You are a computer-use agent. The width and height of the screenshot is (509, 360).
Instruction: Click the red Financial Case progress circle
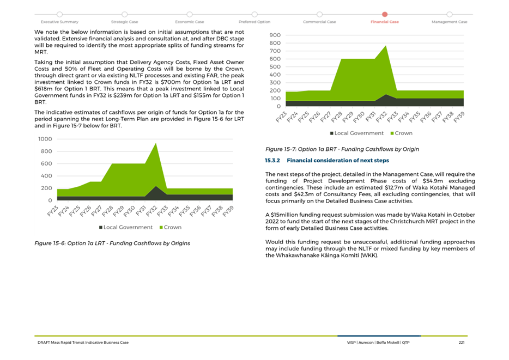click(x=385, y=14)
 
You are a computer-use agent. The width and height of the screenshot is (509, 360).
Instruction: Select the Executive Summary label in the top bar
click(x=59, y=22)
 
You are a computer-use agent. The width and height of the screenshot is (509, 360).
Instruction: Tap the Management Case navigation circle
click(x=449, y=14)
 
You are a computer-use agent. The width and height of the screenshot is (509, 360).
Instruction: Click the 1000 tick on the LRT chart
click(x=45, y=139)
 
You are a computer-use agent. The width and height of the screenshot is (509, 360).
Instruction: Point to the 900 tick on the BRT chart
click(x=275, y=35)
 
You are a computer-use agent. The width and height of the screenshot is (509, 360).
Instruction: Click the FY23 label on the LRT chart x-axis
click(x=53, y=211)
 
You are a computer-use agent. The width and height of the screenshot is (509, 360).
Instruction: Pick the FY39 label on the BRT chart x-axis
click(x=459, y=117)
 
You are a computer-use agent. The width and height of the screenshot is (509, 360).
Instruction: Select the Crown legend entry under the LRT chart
click(x=171, y=227)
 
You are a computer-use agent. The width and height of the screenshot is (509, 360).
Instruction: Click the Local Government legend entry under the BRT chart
click(x=357, y=133)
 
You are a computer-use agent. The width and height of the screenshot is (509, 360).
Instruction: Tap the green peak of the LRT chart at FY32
click(x=156, y=143)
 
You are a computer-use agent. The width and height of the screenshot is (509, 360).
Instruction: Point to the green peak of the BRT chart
click(x=386, y=46)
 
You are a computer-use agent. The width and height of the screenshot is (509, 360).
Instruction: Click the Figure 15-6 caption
click(x=112, y=243)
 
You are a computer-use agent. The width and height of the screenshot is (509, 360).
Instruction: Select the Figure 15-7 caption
click(x=342, y=149)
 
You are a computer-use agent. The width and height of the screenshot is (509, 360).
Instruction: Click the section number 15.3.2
click(x=272, y=160)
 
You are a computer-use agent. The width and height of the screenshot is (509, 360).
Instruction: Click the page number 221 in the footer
click(x=461, y=343)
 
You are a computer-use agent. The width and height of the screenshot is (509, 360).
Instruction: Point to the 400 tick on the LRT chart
click(x=46, y=176)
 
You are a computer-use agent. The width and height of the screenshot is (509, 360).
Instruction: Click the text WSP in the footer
click(x=352, y=343)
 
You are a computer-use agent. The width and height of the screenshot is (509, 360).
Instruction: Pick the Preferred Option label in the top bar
click(x=254, y=22)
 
